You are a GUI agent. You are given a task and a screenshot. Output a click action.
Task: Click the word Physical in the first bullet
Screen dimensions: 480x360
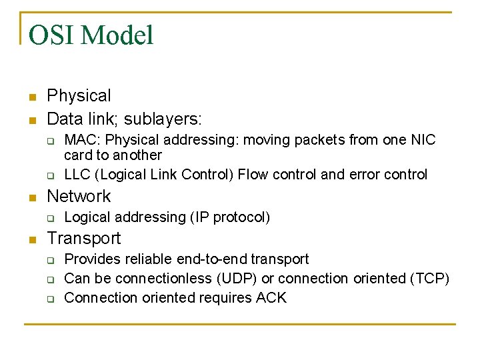coord(79,96)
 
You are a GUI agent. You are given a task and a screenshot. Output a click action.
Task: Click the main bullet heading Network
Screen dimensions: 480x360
coord(79,196)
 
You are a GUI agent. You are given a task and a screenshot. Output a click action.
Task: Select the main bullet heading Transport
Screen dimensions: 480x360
coord(84,238)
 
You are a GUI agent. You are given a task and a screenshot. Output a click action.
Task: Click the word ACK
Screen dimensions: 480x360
coord(271,297)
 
